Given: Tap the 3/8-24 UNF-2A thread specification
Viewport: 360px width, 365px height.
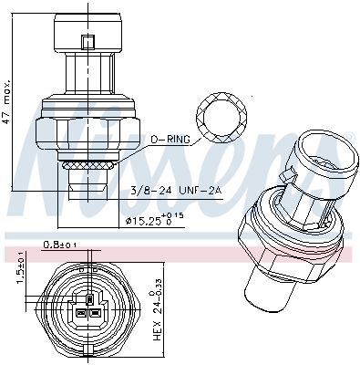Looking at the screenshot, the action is (176, 191).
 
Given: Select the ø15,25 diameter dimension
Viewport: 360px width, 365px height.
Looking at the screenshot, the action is (154, 220).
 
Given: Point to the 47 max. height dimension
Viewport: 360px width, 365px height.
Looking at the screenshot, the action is (6, 102).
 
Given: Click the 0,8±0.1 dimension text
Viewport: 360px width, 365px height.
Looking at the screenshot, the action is (60, 244).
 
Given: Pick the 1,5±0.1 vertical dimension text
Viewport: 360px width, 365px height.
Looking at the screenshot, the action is (21, 267).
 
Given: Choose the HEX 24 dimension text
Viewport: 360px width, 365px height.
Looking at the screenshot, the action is (157, 310).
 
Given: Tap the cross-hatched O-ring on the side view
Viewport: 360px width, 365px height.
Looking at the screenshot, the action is (88, 166).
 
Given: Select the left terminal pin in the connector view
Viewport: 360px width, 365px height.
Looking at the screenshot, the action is (80, 312).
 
